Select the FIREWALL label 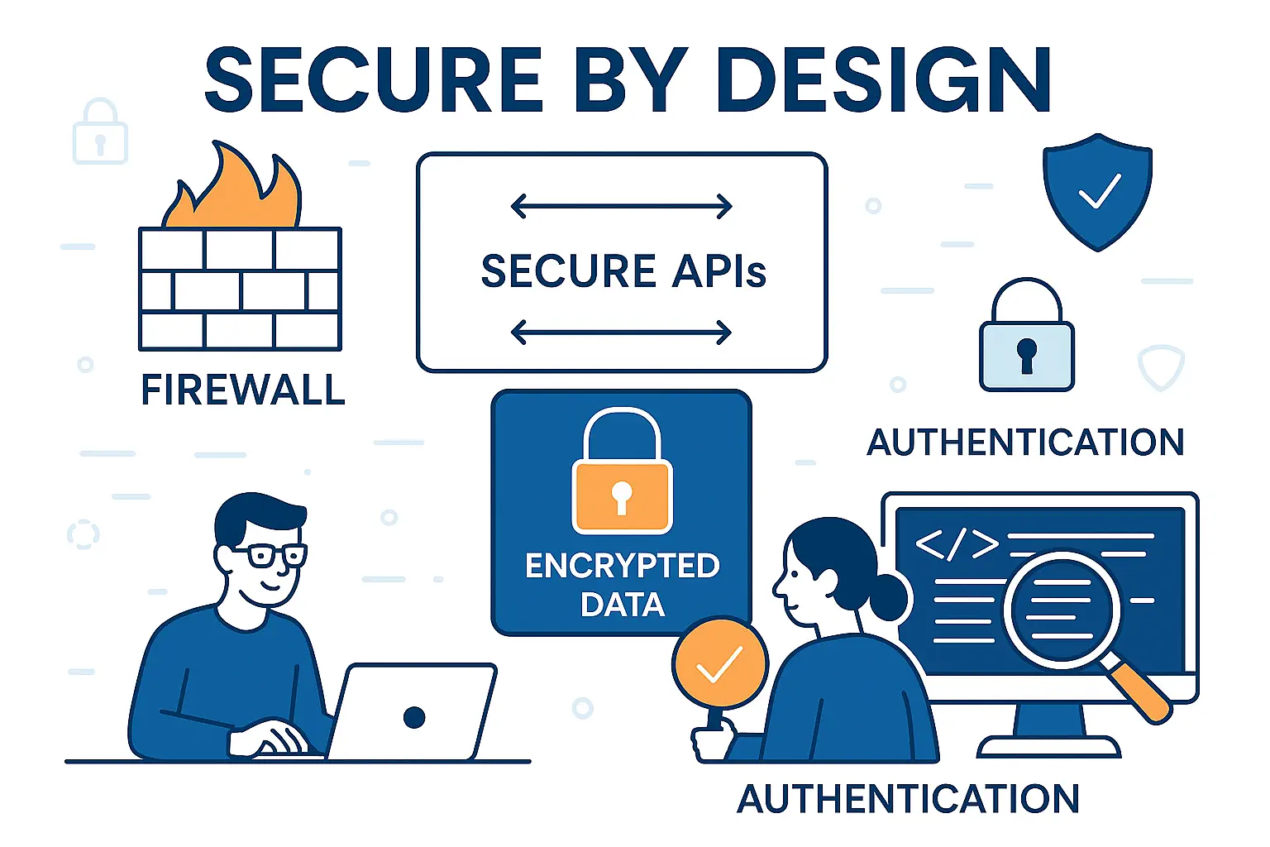point(242,390)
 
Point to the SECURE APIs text point(623,271)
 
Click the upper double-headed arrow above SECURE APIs point(622,206)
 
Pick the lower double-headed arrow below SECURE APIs point(622,333)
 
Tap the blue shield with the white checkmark point(1097,191)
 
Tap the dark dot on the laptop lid point(414,717)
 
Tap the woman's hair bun point(889,596)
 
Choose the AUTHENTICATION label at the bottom point(908,799)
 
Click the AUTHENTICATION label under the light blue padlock point(1025,443)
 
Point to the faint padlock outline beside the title point(100,134)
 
